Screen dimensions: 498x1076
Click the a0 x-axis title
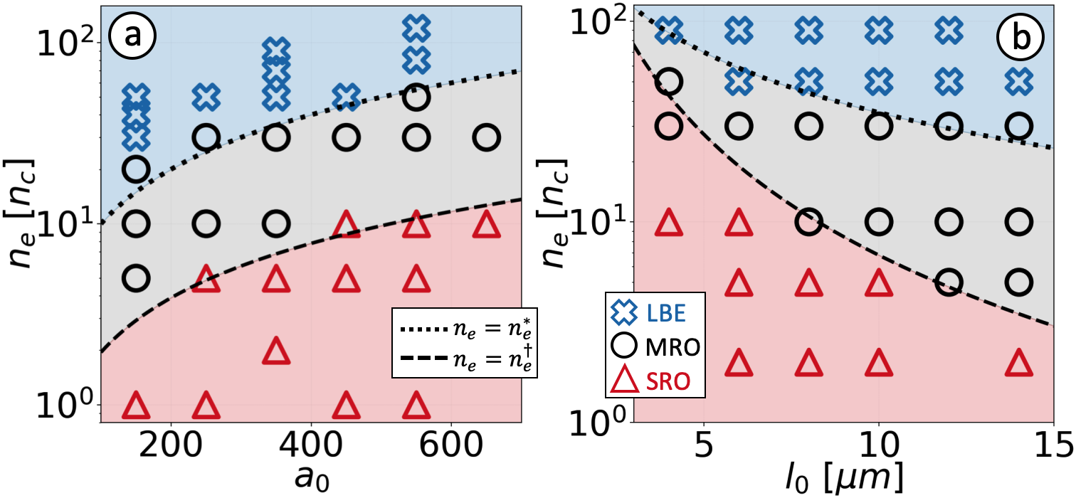click(x=310, y=480)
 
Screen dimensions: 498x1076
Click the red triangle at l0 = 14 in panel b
click(x=1018, y=362)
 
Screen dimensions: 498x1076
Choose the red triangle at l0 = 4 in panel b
click(x=669, y=223)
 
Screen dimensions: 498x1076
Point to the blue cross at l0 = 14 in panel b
click(x=1018, y=81)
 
